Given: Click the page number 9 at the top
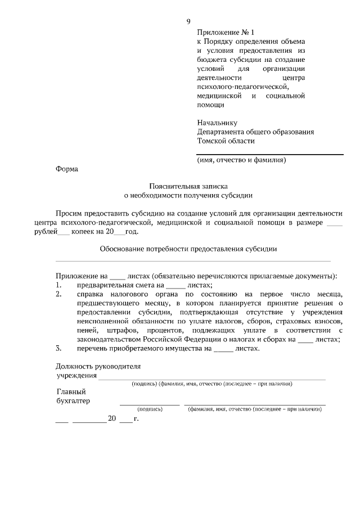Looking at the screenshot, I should pyautogui.click(x=188, y=21).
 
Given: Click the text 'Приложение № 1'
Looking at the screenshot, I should pyautogui.click(x=223, y=33).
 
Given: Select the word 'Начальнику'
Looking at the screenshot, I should pyautogui.click(x=217, y=123).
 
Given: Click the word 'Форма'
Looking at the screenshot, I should pyautogui.click(x=67, y=169).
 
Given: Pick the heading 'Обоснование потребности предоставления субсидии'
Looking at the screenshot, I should pyautogui.click(x=188, y=247).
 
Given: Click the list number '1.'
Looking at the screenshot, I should pyautogui.click(x=58, y=285).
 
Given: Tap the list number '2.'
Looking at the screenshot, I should pyautogui.click(x=58, y=294).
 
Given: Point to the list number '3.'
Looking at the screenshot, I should pyautogui.click(x=58, y=348).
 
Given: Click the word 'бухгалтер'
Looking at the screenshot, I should pyautogui.click(x=73, y=401).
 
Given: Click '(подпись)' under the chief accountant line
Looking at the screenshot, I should pyautogui.click(x=150, y=409).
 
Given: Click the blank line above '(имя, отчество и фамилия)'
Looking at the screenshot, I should pyautogui.click(x=269, y=154).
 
